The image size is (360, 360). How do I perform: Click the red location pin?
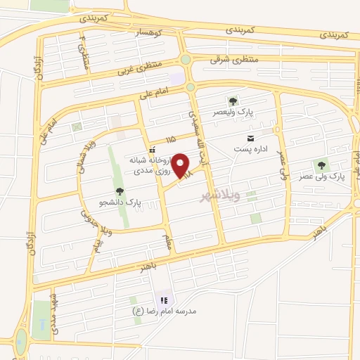[x=181, y=165]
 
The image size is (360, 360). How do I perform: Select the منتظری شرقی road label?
[x=234, y=60]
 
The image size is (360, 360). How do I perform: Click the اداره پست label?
[x=257, y=148]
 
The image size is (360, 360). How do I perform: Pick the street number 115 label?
[x=171, y=141]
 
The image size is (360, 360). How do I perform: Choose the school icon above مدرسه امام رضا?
[x=164, y=300]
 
